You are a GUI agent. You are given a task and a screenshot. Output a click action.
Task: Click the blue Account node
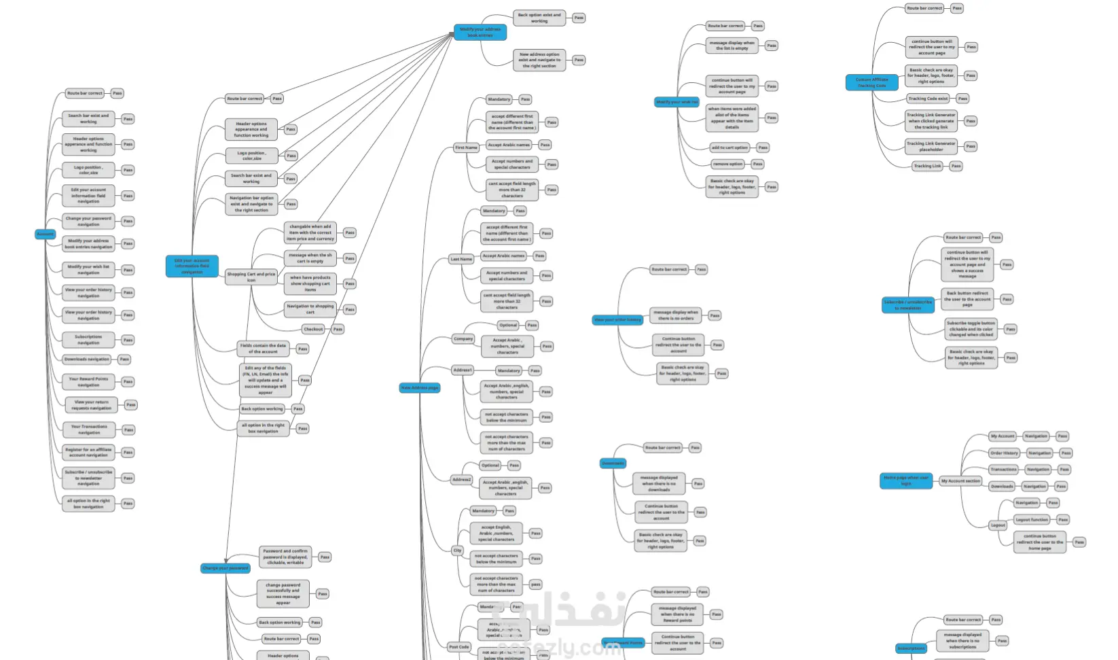pos(45,234)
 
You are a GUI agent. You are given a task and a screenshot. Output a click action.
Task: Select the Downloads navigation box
pos(86,359)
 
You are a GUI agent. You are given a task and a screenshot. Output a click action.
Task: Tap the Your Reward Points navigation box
pos(88,382)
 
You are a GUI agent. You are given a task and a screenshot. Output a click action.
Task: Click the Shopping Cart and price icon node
pos(251,277)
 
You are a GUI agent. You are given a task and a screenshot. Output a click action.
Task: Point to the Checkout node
pos(313,329)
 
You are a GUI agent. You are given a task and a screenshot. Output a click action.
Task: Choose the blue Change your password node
pos(226,568)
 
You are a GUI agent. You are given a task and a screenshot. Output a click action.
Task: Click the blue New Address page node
pos(420,388)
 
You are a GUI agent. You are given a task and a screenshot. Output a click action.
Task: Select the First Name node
pos(466,147)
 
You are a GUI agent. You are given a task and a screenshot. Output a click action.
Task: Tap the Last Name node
pos(461,259)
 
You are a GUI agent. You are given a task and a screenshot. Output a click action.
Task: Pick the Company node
pos(463,338)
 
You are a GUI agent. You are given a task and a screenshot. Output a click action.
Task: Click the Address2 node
pos(462,479)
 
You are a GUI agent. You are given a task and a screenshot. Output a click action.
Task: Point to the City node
pos(458,551)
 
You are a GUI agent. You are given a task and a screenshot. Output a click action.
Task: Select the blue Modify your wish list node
pos(677,102)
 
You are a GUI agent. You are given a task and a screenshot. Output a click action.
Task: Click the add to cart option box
pos(729,147)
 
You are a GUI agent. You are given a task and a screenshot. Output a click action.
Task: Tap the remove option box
pos(727,164)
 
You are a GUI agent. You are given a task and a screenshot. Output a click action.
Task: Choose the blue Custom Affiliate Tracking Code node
pos(871,83)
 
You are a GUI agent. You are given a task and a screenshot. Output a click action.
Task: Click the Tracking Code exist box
pos(928,99)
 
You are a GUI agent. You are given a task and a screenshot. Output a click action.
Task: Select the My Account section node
pos(960,481)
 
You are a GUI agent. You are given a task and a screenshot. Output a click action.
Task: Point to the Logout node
pos(998,525)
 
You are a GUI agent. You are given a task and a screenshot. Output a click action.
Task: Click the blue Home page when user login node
pos(906,481)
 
